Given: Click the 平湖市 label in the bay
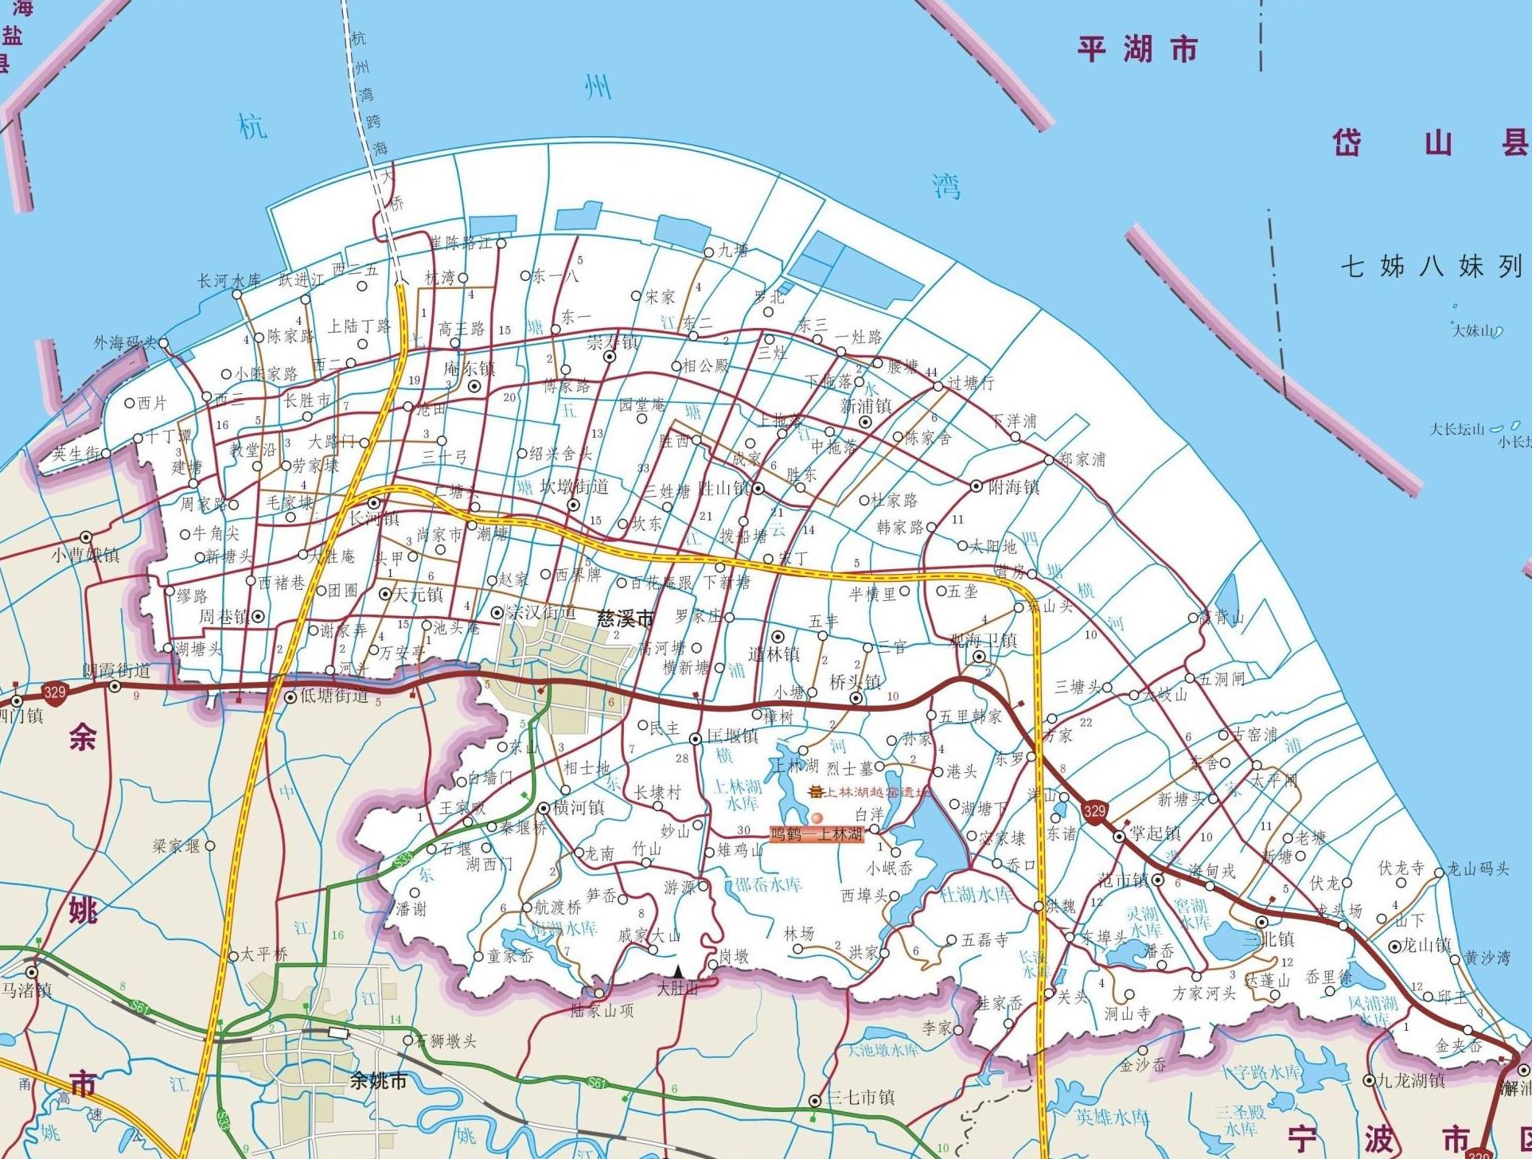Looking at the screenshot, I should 1137,49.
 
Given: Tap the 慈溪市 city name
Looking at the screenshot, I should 626,619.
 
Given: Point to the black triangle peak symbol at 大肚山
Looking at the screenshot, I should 677,971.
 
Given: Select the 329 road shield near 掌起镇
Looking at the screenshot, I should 1094,810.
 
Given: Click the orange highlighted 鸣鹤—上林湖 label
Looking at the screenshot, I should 817,834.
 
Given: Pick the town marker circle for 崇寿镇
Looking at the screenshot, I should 610,357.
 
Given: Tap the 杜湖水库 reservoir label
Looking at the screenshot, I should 977,894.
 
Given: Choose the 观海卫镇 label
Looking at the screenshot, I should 984,640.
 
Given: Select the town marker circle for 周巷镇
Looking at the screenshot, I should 257,616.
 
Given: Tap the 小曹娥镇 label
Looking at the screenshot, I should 85,555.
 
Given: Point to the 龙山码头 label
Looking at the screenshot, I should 1477,869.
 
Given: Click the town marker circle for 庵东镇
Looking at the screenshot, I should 475,387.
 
